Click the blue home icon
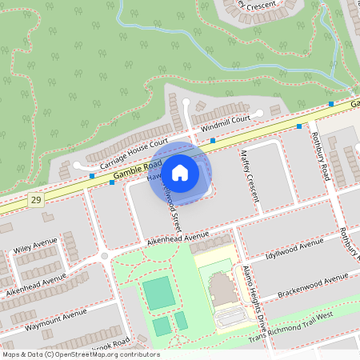click(180, 172)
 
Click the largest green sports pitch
click(158, 293)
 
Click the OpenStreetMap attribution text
click(80, 354)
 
